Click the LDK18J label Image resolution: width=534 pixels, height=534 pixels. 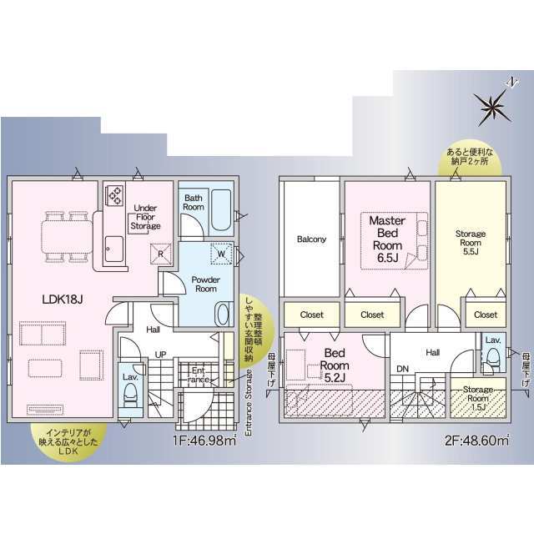click(x=63, y=300)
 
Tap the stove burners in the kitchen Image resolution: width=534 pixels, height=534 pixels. click(x=115, y=195)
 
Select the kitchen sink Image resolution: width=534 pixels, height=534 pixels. click(x=114, y=249)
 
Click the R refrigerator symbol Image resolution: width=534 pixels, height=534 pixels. click(x=161, y=254)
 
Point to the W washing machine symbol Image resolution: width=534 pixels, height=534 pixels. click(x=221, y=254)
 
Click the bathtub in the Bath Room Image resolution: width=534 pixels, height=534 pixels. click(x=221, y=209)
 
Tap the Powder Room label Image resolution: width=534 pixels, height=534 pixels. click(x=206, y=284)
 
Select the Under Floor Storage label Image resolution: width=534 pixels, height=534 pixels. click(x=145, y=217)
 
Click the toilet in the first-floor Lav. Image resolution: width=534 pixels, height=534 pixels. click(x=130, y=395)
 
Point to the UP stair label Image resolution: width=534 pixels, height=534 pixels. click(x=160, y=355)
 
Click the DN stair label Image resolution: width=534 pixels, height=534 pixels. click(x=402, y=369)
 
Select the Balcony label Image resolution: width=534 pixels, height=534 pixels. click(x=311, y=239)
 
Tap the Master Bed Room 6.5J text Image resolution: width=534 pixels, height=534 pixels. click(x=387, y=239)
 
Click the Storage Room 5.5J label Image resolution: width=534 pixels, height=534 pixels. click(x=471, y=243)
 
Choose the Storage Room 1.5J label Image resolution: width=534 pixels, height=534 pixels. click(x=478, y=398)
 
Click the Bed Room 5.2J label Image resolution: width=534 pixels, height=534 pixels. click(x=335, y=365)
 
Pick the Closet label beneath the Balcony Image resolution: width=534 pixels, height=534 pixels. click(x=311, y=315)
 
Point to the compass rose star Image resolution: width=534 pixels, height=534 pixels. click(x=492, y=108)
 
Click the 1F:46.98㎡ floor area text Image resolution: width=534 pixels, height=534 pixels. click(x=204, y=441)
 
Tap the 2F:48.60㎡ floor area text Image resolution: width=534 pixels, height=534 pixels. click(x=476, y=441)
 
